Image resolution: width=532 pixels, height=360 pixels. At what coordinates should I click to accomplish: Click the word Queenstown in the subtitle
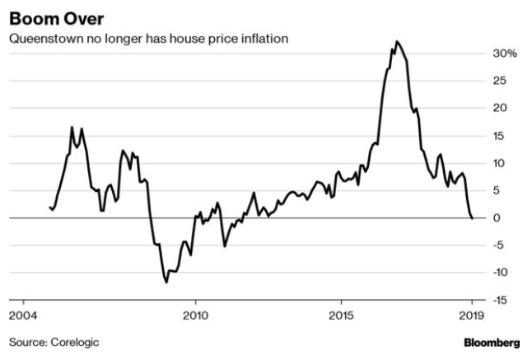click(42, 39)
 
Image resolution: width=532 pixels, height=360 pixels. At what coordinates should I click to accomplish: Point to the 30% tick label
click(505, 54)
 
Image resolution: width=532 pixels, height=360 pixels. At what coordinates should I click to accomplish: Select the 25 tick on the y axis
click(500, 81)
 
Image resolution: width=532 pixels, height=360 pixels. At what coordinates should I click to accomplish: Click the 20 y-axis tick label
click(500, 108)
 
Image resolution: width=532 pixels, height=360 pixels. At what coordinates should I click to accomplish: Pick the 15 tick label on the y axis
click(500, 136)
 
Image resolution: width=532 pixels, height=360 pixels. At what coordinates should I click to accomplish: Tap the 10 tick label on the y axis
click(500, 163)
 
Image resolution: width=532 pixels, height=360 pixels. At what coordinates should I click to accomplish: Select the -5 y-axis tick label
click(500, 245)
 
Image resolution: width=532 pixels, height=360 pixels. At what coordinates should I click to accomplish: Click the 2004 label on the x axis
click(22, 315)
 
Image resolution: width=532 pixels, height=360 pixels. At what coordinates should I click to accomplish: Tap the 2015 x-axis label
click(341, 315)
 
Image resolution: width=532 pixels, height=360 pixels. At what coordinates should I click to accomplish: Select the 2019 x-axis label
click(471, 315)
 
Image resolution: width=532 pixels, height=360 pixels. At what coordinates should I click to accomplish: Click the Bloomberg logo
click(492, 342)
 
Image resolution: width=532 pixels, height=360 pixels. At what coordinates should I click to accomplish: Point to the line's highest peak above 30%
click(397, 41)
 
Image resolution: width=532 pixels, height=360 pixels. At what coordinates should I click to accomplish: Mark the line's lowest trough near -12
click(166, 283)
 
